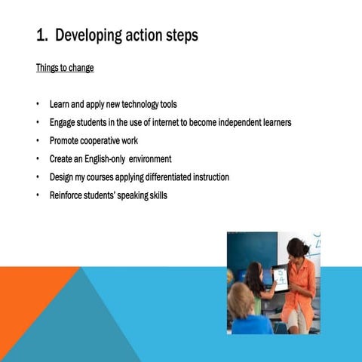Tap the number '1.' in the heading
(x=44, y=35)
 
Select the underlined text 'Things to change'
(x=65, y=68)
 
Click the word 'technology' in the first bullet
(x=139, y=104)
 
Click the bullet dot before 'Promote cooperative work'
(x=38, y=141)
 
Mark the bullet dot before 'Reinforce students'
(x=38, y=196)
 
